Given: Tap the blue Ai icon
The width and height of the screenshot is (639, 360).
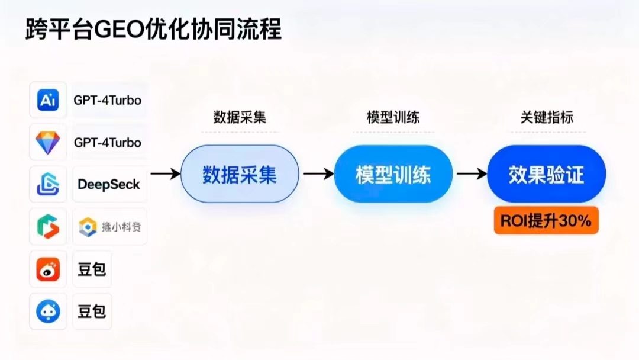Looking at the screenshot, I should click(x=48, y=100).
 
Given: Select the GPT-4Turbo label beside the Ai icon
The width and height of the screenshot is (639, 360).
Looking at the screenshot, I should click(x=108, y=100).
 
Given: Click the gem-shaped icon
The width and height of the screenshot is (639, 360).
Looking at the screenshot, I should click(x=48, y=142).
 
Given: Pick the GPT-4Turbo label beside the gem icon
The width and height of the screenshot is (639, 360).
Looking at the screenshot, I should click(x=108, y=143).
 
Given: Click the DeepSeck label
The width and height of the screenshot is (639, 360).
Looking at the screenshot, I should click(x=109, y=184).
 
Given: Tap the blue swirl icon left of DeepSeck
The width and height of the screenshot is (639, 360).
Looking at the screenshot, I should click(x=48, y=184).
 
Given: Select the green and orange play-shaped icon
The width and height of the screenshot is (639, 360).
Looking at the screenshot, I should click(x=48, y=227).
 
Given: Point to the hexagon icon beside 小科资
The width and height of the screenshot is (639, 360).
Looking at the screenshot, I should click(x=88, y=227).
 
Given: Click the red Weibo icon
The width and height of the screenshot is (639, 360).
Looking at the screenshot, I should click(x=48, y=269).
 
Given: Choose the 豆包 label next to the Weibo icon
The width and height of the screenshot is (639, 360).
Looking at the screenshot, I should click(x=92, y=269).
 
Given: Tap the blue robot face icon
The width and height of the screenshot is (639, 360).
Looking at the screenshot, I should click(x=48, y=311).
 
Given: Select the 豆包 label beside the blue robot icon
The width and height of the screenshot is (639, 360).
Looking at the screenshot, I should click(x=92, y=311).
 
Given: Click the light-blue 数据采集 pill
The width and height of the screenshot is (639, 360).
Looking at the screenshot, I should click(x=240, y=174).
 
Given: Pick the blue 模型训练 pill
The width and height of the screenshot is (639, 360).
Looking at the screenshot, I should click(x=393, y=174).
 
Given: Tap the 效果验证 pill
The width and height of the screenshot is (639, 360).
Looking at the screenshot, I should click(x=547, y=174).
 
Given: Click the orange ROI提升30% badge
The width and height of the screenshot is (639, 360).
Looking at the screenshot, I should click(x=546, y=221).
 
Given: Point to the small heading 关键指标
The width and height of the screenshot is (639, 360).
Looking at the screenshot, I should click(x=547, y=117).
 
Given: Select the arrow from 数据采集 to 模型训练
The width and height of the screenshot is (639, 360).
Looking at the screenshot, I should click(x=318, y=174).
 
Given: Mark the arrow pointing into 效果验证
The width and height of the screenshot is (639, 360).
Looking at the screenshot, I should click(x=472, y=174).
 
